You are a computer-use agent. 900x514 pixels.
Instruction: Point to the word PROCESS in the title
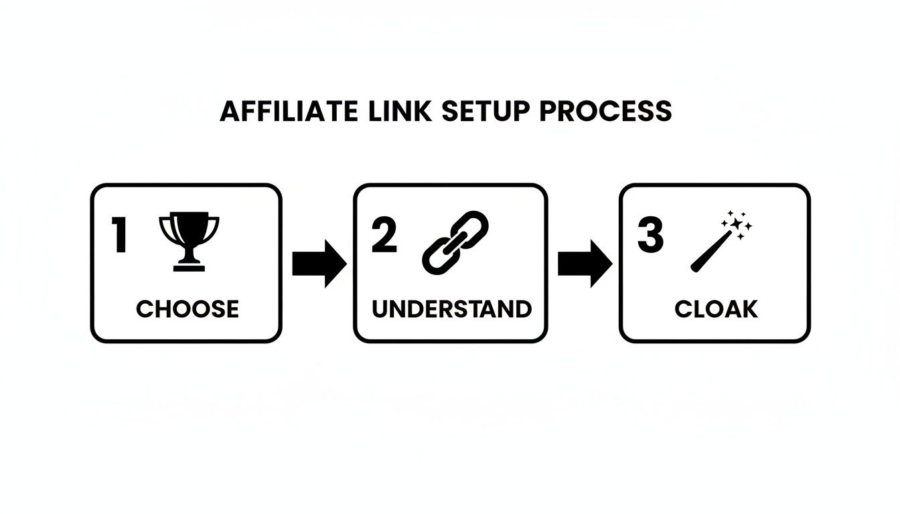click(605, 111)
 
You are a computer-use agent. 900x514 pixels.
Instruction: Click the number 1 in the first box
click(120, 235)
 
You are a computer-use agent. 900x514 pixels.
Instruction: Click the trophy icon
click(189, 241)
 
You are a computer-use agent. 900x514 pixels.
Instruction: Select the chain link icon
click(455, 242)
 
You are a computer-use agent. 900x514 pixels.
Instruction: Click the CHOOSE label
click(187, 309)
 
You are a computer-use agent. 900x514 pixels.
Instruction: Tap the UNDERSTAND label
click(452, 309)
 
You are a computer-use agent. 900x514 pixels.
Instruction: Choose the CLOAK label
click(716, 309)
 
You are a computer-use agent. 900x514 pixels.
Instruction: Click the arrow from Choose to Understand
click(319, 264)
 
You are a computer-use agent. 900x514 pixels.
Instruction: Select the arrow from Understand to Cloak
click(584, 264)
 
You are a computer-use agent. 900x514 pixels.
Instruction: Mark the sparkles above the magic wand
click(737, 224)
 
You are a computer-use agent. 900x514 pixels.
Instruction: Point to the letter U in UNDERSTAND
click(380, 309)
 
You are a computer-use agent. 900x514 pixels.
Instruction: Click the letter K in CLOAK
click(750, 309)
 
